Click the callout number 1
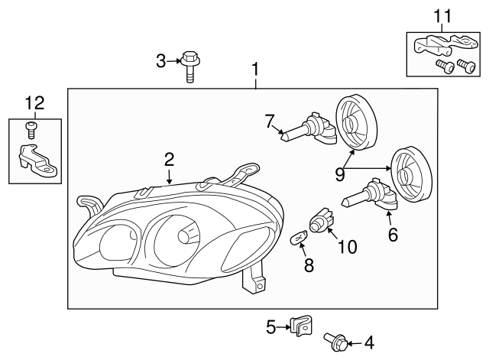255,70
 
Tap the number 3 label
160,60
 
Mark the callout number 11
443,15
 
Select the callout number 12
34,102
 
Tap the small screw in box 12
31,128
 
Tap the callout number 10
347,246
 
